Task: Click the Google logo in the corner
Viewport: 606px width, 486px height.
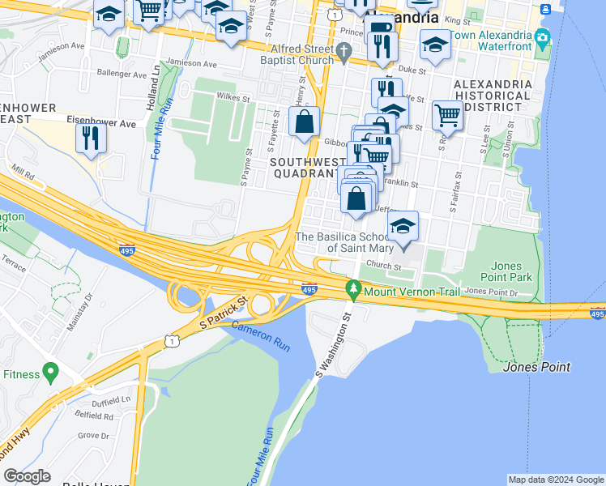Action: pyautogui.click(x=28, y=476)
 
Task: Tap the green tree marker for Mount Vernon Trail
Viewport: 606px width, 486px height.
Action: pyautogui.click(x=352, y=288)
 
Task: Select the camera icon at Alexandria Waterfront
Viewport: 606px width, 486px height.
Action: pyautogui.click(x=542, y=38)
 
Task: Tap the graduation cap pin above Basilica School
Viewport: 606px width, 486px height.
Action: pyautogui.click(x=403, y=227)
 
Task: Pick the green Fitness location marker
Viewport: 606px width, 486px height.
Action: pyautogui.click(x=51, y=373)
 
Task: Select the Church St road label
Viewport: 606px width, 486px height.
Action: pyautogui.click(x=383, y=265)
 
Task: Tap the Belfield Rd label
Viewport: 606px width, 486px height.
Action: pyautogui.click(x=96, y=416)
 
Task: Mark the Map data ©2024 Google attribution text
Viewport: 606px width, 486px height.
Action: pyautogui.click(x=555, y=480)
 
